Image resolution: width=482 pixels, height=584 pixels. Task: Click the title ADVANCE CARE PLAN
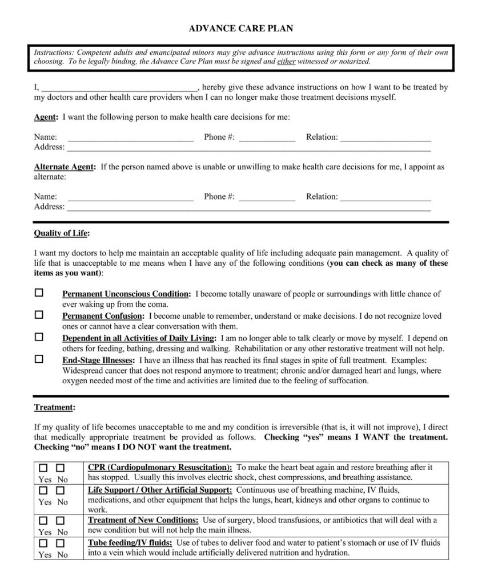coord(240,27)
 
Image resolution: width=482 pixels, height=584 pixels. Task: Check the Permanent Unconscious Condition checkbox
coord(39,293)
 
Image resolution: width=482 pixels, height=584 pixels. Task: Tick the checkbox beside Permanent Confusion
coord(39,315)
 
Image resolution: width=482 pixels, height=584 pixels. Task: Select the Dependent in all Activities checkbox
coord(39,337)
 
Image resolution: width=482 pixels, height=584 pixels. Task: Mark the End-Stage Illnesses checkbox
coord(39,359)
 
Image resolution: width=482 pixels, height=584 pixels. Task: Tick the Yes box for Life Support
coord(44,490)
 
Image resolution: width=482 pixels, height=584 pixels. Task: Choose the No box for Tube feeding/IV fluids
coord(61,544)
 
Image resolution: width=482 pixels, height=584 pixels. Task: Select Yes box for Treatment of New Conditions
coord(44,521)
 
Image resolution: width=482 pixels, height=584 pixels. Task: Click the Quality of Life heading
coord(61,233)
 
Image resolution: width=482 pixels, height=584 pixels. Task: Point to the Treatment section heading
coord(53,408)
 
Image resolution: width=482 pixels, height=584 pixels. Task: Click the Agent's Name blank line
coord(130,138)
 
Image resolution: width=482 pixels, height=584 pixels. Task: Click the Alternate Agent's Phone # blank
coord(267,197)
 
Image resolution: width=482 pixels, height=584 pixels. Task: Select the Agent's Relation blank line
coord(385,138)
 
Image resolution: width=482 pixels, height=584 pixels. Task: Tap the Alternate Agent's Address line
coord(248,208)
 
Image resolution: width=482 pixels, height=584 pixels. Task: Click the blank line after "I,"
coord(119,88)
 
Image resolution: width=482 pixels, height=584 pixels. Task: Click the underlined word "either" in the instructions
coord(286,62)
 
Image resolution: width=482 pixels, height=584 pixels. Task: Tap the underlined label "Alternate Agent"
coord(64,167)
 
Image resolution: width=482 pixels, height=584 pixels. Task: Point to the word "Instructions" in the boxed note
coord(54,52)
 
